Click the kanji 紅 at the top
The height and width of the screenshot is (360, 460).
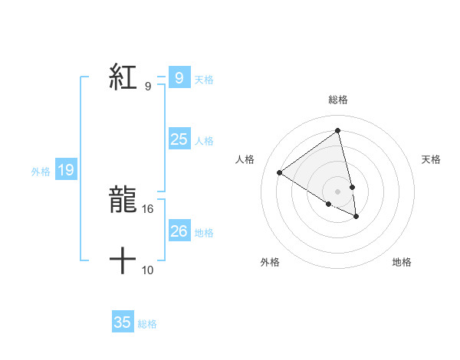pyautogui.click(x=123, y=77)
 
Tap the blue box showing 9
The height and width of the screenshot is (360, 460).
pyautogui.click(x=179, y=78)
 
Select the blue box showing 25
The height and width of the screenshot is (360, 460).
pyautogui.click(x=179, y=139)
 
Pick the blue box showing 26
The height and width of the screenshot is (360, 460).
pyautogui.click(x=179, y=231)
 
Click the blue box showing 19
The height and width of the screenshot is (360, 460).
pyautogui.click(x=66, y=170)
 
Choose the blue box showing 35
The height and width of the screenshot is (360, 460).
pyautogui.click(x=123, y=322)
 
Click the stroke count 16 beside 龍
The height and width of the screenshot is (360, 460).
pyautogui.click(x=149, y=209)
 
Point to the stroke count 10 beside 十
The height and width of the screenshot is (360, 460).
pyautogui.click(x=149, y=270)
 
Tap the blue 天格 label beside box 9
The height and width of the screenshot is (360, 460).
pyautogui.click(x=204, y=80)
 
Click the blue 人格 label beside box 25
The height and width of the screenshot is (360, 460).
pyautogui.click(x=204, y=141)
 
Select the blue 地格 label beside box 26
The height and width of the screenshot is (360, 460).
pyautogui.click(x=204, y=233)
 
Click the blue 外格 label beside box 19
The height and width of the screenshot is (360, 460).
pyautogui.click(x=41, y=172)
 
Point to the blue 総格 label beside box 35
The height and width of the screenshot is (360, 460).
pyautogui.click(x=147, y=324)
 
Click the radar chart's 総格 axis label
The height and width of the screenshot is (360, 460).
pyautogui.click(x=338, y=100)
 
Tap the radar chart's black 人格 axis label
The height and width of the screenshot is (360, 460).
pyautogui.click(x=245, y=159)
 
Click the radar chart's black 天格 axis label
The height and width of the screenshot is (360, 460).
pyautogui.click(x=431, y=159)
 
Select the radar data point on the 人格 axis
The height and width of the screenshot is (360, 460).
pyautogui.click(x=279, y=172)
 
